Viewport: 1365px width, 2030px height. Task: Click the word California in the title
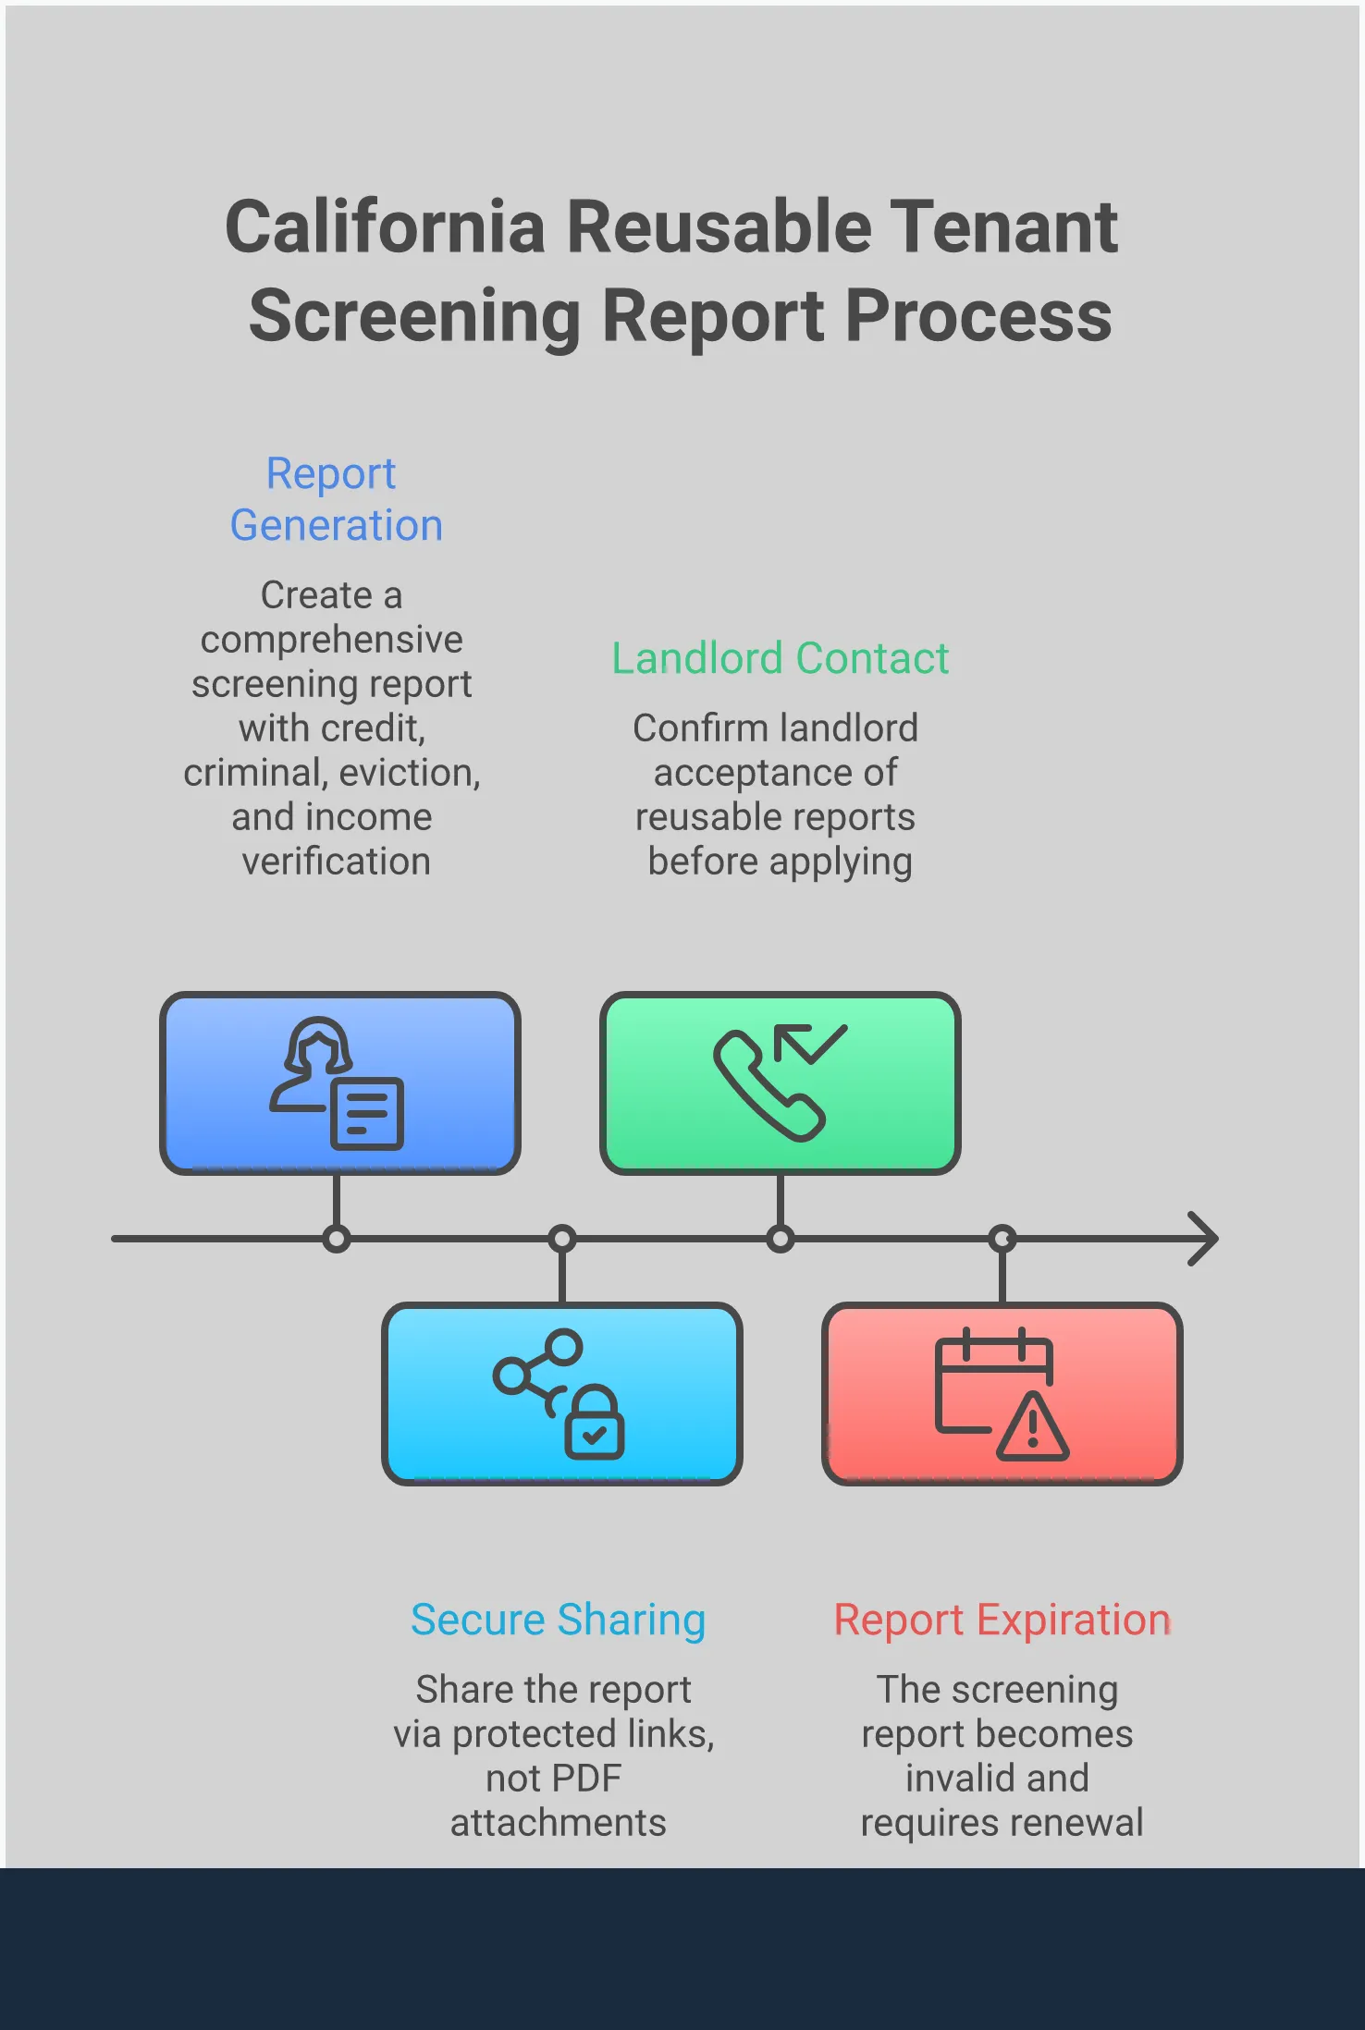tap(386, 226)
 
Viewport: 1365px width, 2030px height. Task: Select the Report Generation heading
tap(335, 499)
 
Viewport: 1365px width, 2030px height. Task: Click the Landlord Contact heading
tap(780, 658)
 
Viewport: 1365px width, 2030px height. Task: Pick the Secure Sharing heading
tap(558, 1620)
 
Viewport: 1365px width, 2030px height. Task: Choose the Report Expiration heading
tap(1002, 1620)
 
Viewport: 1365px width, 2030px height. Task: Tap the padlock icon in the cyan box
tap(595, 1424)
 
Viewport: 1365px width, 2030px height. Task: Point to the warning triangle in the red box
tap(1033, 1428)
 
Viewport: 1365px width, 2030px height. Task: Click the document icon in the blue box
tap(367, 1114)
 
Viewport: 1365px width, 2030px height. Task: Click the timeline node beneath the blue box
tap(337, 1239)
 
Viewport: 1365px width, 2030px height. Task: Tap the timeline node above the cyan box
tap(562, 1239)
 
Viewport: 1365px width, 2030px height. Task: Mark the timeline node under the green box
tap(781, 1239)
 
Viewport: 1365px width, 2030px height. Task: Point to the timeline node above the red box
tap(1002, 1239)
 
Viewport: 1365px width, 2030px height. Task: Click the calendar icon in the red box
tap(980, 1377)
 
